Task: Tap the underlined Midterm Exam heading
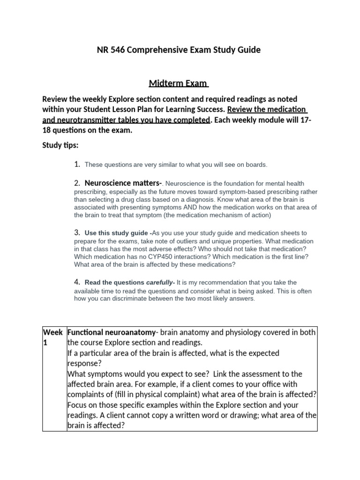[x=179, y=83]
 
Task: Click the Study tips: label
[x=60, y=145]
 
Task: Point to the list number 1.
[x=77, y=164]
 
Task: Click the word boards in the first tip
[x=256, y=165]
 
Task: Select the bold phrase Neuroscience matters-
[x=123, y=183]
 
